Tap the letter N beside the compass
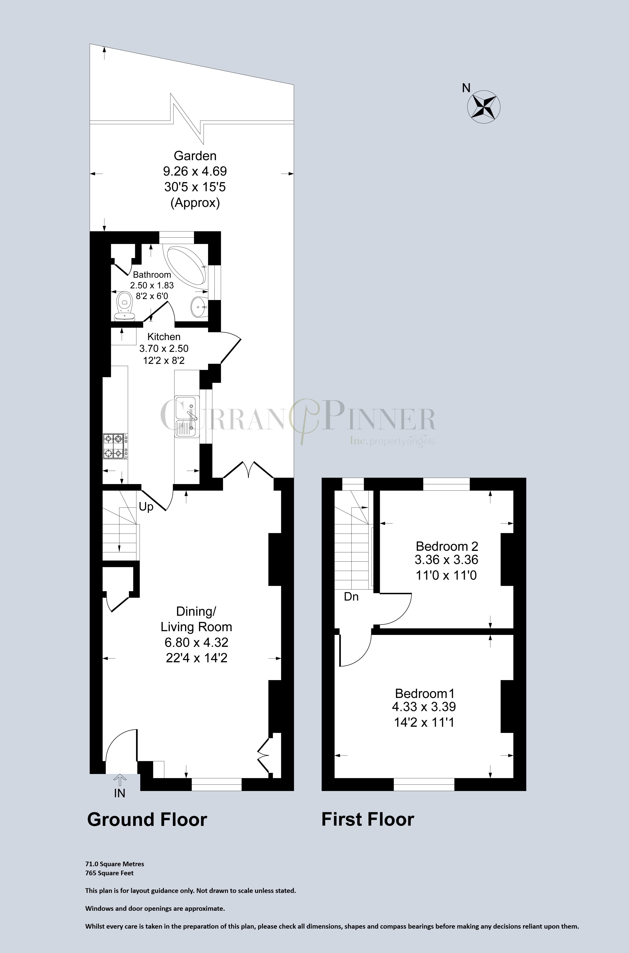click(x=466, y=88)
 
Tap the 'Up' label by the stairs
click(x=146, y=507)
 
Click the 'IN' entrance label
click(x=119, y=793)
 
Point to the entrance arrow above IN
click(x=119, y=780)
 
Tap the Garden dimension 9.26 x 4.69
click(x=195, y=171)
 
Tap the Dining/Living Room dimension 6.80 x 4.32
click(x=196, y=642)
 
